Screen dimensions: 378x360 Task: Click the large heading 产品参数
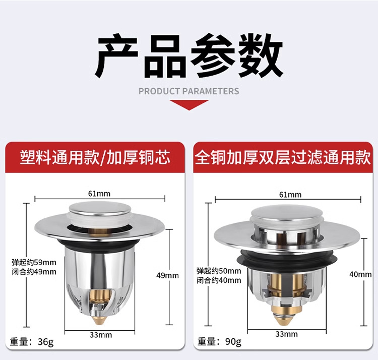(x=189, y=56)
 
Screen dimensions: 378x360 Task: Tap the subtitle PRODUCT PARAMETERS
(x=189, y=91)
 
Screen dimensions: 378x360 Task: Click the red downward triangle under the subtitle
(x=189, y=105)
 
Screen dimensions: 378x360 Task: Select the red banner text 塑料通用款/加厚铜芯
(x=95, y=157)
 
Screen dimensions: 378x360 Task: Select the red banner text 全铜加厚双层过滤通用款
(x=283, y=157)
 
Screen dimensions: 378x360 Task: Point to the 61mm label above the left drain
(x=99, y=194)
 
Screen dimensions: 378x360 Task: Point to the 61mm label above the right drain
(x=290, y=194)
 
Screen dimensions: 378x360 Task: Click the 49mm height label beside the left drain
(x=167, y=275)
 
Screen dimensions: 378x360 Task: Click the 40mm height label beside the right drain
(x=361, y=274)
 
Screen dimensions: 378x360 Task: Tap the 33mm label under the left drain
(x=101, y=335)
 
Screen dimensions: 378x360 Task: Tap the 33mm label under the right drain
(x=286, y=334)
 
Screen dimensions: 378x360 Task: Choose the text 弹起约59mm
(x=34, y=262)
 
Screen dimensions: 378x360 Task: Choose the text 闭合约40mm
(x=219, y=280)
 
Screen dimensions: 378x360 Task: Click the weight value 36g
(x=46, y=342)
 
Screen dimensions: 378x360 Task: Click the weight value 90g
(x=233, y=341)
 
